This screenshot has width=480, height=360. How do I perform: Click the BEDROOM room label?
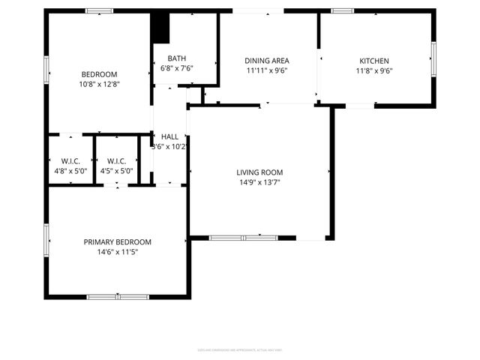click(99, 73)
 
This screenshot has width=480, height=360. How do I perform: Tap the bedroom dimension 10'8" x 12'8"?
click(99, 84)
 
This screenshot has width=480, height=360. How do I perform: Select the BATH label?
click(177, 58)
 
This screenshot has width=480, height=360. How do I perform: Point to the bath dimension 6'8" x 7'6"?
click(177, 68)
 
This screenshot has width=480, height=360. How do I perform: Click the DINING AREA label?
click(267, 61)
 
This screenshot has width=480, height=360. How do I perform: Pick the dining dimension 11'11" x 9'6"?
click(267, 71)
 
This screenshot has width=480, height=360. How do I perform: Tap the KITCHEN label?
click(374, 61)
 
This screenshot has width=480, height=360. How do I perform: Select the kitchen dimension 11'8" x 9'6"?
click(374, 71)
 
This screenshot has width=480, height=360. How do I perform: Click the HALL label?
click(169, 136)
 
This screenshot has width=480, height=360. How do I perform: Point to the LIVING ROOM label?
click(260, 172)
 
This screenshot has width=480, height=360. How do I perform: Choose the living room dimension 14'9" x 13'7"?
click(260, 182)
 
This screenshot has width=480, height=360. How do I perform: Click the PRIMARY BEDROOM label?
click(117, 242)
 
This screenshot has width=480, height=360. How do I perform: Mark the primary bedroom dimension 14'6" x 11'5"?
click(117, 253)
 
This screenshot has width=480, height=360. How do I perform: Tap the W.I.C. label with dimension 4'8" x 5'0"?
click(70, 160)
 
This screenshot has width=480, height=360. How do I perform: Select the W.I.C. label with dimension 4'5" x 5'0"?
click(116, 160)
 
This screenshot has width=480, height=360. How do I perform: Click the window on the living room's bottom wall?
click(243, 238)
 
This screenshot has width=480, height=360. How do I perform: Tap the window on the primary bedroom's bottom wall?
click(118, 297)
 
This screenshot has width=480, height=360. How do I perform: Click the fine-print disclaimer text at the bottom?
click(239, 349)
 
